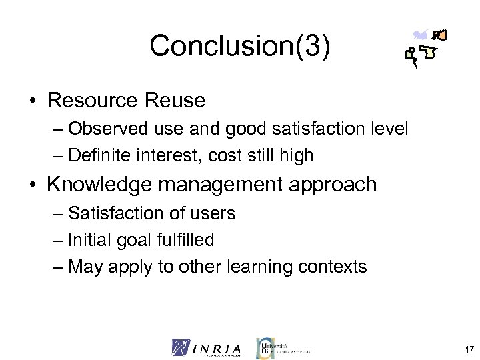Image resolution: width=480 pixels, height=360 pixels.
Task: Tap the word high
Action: [x=297, y=157]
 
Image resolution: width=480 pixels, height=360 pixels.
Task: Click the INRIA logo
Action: [x=206, y=347]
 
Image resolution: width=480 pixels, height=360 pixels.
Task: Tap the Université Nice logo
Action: [x=283, y=347]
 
